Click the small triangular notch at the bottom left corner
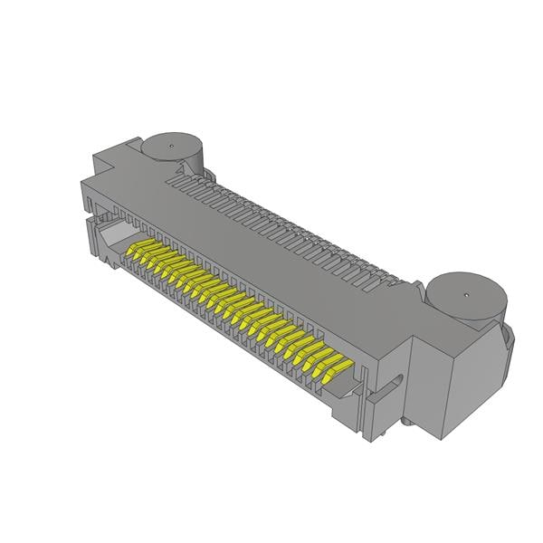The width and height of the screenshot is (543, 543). tap(110, 265)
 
